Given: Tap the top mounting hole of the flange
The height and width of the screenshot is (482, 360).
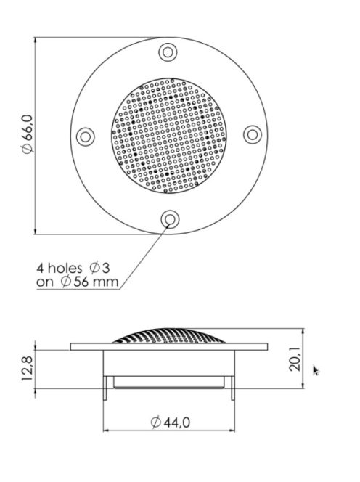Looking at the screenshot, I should (x=168, y=52).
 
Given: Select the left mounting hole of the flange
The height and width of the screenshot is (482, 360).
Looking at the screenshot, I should (x=85, y=136).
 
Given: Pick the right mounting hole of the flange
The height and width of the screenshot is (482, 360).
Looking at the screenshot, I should (x=252, y=134).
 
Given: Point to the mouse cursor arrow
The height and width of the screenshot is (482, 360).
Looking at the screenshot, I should (x=315, y=370).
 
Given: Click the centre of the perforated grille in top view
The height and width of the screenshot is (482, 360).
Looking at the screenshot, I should (x=168, y=136).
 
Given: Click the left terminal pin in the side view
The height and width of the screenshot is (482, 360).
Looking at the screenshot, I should (x=107, y=388).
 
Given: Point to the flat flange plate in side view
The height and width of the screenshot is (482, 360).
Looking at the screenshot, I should (x=87, y=347).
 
